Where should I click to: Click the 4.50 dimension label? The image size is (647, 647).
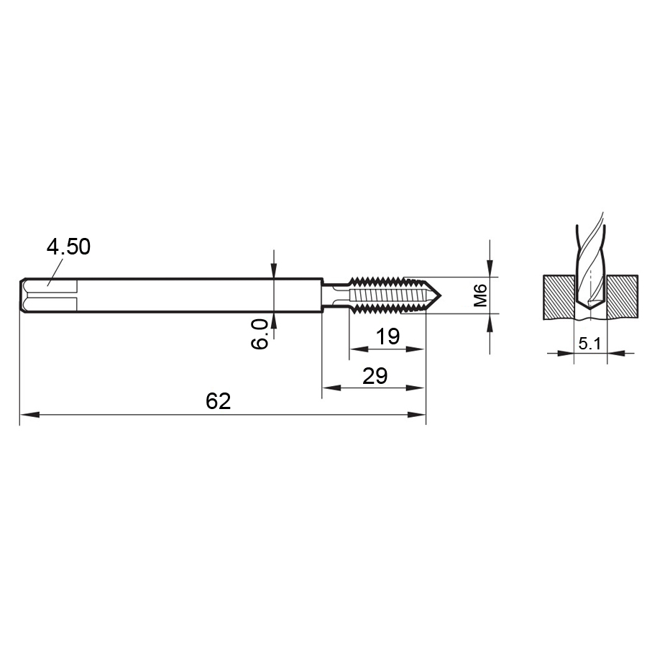coord(68,247)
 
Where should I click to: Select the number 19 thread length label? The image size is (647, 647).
coord(388,336)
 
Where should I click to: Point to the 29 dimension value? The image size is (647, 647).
coord(375,376)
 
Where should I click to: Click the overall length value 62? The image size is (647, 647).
coord(219,401)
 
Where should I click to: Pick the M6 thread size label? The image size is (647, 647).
coord(480,295)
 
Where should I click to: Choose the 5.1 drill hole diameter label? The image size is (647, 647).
coord(589,344)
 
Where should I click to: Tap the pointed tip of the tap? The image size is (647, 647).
coord(441,295)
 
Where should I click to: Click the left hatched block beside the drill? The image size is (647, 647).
coord(559,297)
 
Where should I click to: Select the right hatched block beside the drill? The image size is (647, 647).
coord(623,297)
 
